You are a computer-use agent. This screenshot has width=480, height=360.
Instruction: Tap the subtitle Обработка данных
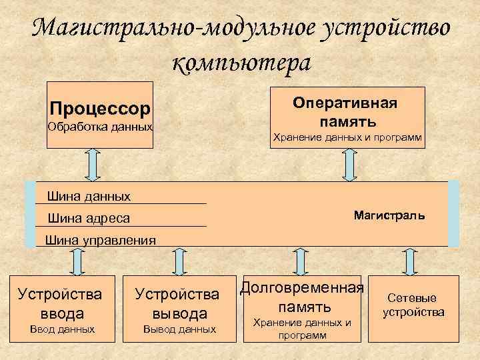coord(100,126)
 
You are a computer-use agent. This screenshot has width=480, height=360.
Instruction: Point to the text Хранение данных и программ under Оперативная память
coord(346,138)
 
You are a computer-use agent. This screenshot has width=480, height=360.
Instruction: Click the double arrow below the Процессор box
coord(93,164)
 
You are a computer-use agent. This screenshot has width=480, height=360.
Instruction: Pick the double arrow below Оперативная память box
coord(349,164)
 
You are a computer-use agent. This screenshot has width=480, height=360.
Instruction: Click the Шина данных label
coord(89,196)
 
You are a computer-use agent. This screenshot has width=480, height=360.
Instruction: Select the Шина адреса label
coord(89,218)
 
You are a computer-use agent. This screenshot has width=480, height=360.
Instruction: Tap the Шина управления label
coord(99,240)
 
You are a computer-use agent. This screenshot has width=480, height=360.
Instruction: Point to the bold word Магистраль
coord(389,216)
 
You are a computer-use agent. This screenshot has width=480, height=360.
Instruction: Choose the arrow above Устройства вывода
coord(179,261)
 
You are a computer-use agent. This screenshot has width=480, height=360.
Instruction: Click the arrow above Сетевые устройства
coord(411,261)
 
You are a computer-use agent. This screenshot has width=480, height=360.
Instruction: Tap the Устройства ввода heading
coord(60,303)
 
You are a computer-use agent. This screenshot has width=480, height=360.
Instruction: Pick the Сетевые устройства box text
coord(413,305)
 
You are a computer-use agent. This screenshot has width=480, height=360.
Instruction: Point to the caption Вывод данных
coord(179,329)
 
